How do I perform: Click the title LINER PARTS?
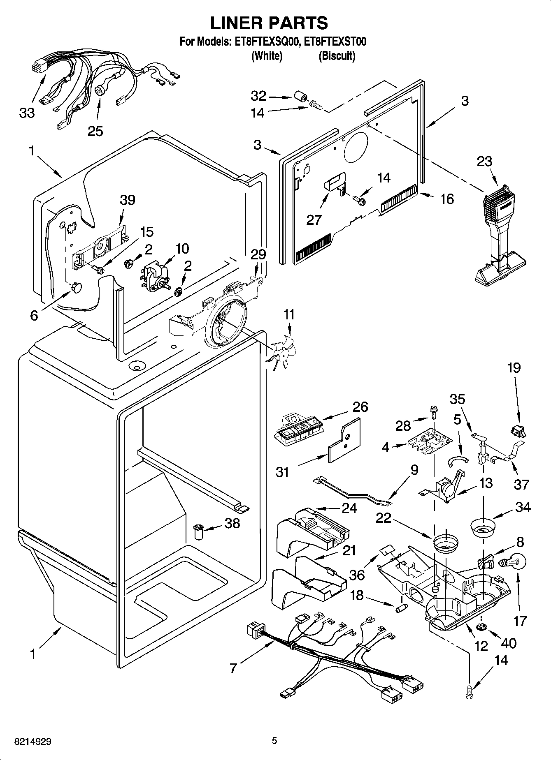coord(269,23)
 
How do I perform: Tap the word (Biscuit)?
coord(337,56)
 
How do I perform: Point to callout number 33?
coord(27,113)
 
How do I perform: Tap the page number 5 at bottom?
coord(274,741)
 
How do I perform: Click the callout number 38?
coord(232,523)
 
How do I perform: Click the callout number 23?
coord(484,162)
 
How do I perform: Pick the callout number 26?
coord(360,407)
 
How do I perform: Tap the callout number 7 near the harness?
coord(233,669)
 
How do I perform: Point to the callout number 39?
coord(128,200)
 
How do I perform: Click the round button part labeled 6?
coord(77,287)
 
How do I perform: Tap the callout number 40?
coord(509,643)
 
